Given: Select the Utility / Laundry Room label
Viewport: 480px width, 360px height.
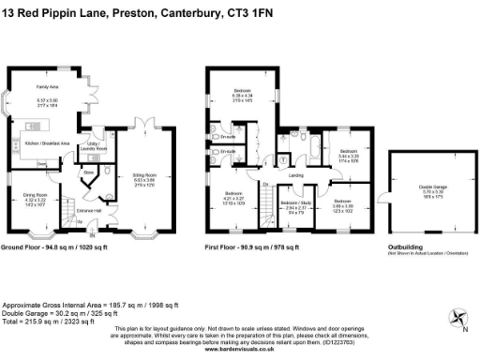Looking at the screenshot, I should [96, 148].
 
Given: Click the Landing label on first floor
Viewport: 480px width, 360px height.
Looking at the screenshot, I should [295, 175].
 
